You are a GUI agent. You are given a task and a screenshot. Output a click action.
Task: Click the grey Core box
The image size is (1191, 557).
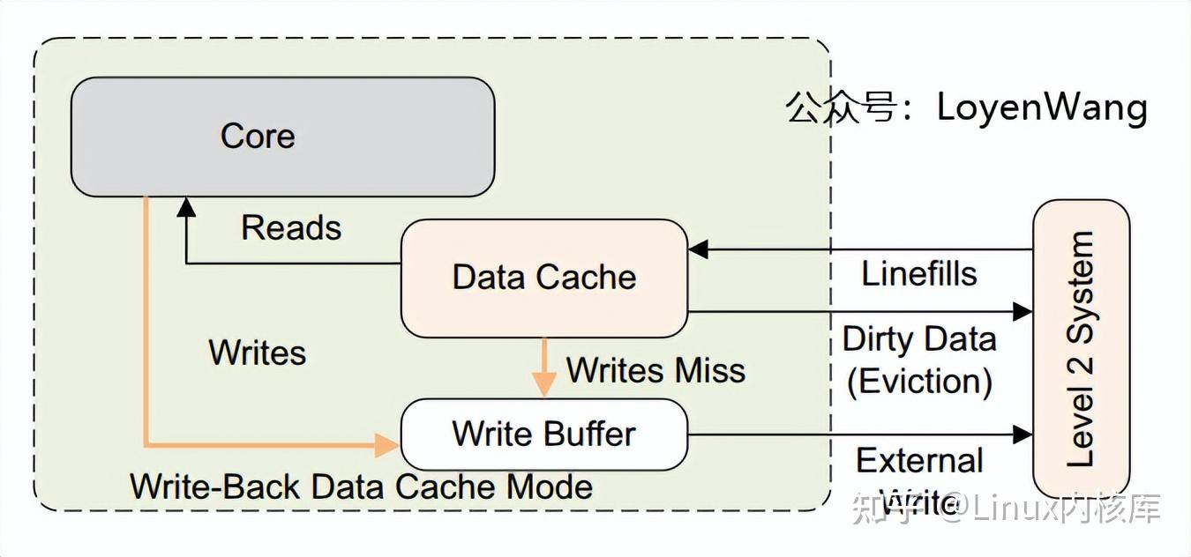click(x=282, y=137)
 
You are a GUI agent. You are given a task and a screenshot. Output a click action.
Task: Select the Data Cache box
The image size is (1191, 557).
click(x=544, y=278)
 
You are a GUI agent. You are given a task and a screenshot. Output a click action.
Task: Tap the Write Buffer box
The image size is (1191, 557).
click(x=544, y=434)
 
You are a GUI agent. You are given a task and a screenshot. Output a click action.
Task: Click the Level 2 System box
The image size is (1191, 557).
click(x=1081, y=348)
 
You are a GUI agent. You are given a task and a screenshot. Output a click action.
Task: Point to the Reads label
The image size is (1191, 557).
click(x=291, y=228)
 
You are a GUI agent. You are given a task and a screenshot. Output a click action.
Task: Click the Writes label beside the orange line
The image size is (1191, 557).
click(x=258, y=353)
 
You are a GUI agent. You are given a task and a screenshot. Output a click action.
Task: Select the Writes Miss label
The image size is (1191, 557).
click(x=655, y=370)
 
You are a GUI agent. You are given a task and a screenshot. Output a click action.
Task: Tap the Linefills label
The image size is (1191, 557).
click(x=919, y=274)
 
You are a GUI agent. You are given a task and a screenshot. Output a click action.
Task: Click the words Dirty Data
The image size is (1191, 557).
click(x=919, y=339)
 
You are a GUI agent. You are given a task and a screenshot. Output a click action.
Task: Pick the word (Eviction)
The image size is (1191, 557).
click(x=919, y=382)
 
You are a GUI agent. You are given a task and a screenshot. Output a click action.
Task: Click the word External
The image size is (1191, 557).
click(x=919, y=461)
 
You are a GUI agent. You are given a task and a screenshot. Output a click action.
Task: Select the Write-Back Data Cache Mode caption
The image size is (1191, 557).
click(x=362, y=486)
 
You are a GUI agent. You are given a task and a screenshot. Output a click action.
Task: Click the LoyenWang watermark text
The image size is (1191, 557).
click(x=1041, y=108)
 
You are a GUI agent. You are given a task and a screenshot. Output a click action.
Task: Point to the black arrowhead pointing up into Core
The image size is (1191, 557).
click(x=186, y=207)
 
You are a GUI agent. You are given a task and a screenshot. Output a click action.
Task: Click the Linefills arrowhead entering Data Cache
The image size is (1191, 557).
click(x=698, y=249)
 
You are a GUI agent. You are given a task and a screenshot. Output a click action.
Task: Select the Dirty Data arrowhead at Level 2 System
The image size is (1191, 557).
click(x=1022, y=311)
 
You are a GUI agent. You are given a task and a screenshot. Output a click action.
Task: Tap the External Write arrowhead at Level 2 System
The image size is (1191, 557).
click(x=1022, y=434)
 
